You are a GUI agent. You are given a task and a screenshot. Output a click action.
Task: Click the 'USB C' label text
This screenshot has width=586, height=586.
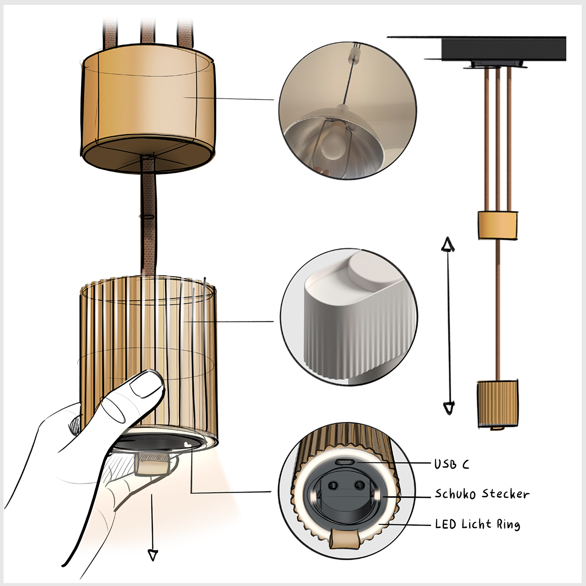tap(452, 464)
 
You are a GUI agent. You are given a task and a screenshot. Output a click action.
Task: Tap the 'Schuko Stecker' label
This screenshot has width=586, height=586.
tap(482, 494)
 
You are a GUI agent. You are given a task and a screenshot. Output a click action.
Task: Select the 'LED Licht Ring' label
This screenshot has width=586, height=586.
tap(478, 524)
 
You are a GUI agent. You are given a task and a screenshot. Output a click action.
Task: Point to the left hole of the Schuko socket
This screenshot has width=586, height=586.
tap(334, 485)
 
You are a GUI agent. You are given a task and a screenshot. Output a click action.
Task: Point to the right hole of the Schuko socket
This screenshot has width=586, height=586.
tap(359, 485)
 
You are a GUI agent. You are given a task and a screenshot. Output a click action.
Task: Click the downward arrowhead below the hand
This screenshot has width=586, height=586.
tap(153, 555)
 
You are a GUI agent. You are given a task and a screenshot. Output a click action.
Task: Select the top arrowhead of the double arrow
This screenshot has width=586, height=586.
tap(447, 244)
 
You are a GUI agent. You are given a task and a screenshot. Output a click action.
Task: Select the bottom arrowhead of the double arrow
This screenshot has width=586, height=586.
tap(448, 407)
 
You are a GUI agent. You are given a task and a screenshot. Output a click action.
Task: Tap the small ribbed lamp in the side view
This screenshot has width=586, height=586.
tap(497, 403)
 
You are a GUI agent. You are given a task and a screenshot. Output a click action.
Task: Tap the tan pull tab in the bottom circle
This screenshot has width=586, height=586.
tap(344, 539)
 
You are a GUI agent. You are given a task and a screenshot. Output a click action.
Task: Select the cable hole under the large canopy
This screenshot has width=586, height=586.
tap(146, 158)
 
